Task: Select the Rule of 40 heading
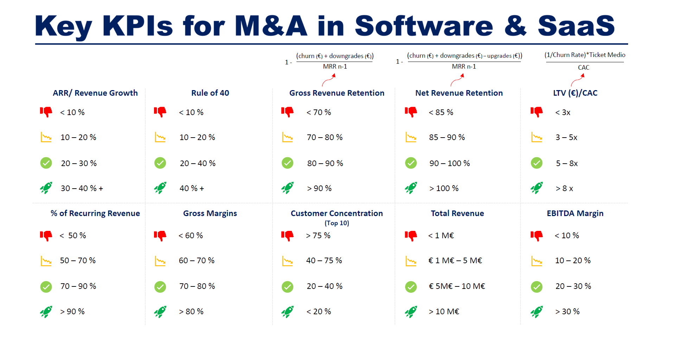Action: tap(210, 93)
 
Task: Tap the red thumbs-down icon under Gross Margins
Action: tap(160, 235)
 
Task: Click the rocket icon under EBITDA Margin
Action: tap(537, 312)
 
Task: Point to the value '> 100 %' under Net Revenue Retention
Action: tap(444, 189)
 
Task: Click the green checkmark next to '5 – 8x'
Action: tap(537, 163)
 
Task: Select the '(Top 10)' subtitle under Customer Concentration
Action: tap(337, 223)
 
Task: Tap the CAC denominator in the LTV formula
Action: tap(583, 68)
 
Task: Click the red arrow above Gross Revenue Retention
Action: tap(329, 81)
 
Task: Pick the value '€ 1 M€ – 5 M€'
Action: tap(455, 261)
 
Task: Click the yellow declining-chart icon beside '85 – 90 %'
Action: tap(411, 137)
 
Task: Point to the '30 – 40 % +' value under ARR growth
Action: tap(82, 189)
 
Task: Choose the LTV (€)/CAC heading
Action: tap(575, 93)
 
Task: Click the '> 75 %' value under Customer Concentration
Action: tap(318, 235)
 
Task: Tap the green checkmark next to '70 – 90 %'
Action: tap(46, 287)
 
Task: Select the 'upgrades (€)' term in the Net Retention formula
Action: tap(504, 56)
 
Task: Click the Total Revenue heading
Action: tap(457, 213)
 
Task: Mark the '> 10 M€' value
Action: tap(444, 312)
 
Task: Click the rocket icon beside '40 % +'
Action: tap(160, 188)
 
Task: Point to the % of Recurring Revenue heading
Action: tap(95, 213)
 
